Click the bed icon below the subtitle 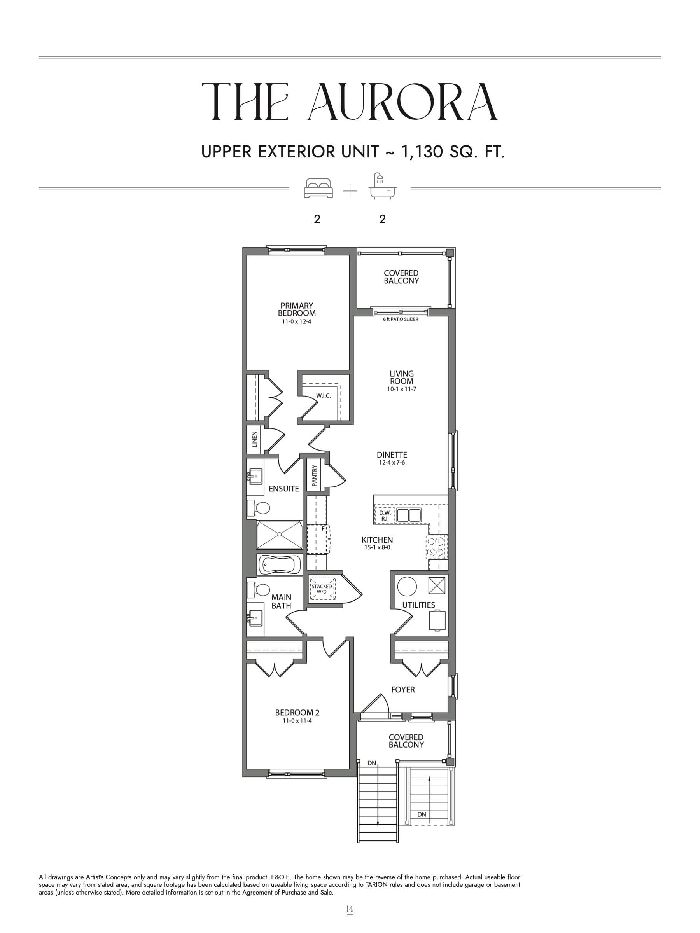[318, 188]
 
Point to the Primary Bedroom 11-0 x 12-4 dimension [296, 321]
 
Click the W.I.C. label [323, 396]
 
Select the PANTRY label [314, 476]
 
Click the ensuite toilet [259, 508]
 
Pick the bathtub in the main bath [279, 564]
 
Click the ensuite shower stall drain [279, 535]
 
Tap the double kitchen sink [408, 515]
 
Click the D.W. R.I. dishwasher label [384, 515]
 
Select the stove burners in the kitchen [436, 547]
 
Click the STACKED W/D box [322, 589]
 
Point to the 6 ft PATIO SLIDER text [401, 319]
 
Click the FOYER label [402, 690]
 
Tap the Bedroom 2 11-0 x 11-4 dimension [297, 721]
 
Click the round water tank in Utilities [407, 586]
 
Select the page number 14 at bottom [349, 909]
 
